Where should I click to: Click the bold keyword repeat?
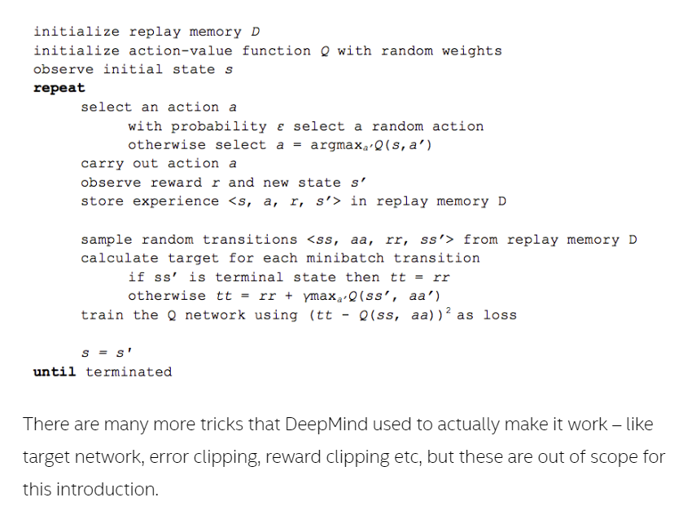click(59, 88)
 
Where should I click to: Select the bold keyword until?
click(55, 372)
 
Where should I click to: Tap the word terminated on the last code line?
click(129, 372)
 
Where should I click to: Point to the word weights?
click(471, 51)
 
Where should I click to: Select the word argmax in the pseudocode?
click(341, 145)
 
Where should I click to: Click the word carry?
click(102, 164)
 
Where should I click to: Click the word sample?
click(107, 240)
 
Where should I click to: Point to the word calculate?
click(120, 258)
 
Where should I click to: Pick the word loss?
click(499, 315)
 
